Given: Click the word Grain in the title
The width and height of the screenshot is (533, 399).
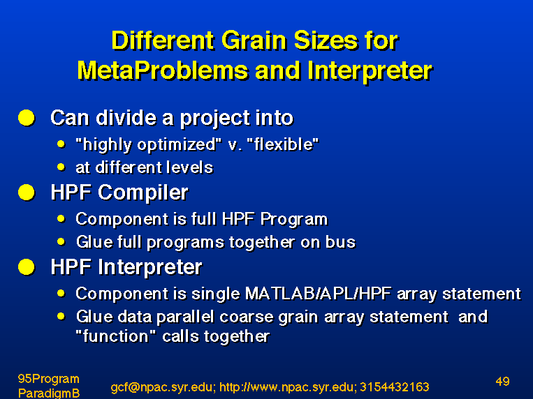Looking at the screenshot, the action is [254, 40].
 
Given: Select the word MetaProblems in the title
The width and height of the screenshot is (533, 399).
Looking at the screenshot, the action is [163, 71].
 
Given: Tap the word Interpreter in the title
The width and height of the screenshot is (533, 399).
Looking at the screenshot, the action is [370, 72].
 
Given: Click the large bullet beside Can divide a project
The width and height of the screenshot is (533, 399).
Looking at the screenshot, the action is [27, 118].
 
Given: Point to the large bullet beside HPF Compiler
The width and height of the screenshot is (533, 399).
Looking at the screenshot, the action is [27, 193].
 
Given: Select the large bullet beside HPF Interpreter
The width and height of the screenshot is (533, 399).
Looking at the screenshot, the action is [27, 267].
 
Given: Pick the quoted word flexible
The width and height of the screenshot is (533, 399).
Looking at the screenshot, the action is [283, 144].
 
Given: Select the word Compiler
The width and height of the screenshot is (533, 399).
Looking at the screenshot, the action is [143, 193].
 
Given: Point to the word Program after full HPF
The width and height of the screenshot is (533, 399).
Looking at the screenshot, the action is [294, 219].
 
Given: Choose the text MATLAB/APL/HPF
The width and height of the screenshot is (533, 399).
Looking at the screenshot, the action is [318, 294].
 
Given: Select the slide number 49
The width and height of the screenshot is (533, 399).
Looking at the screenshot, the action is [503, 382].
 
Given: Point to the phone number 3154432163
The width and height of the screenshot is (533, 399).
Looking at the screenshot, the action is [394, 387].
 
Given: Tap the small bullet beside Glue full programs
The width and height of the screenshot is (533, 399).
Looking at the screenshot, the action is [61, 242].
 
